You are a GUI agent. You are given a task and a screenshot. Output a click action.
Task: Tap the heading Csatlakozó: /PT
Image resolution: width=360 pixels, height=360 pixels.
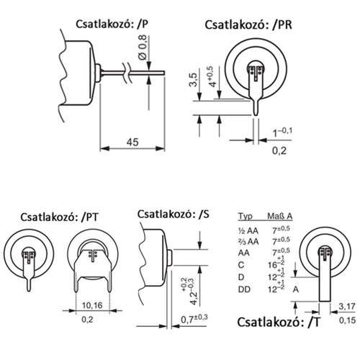tap(60, 215)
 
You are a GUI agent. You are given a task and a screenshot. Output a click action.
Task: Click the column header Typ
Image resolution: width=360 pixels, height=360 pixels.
tap(245, 216)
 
